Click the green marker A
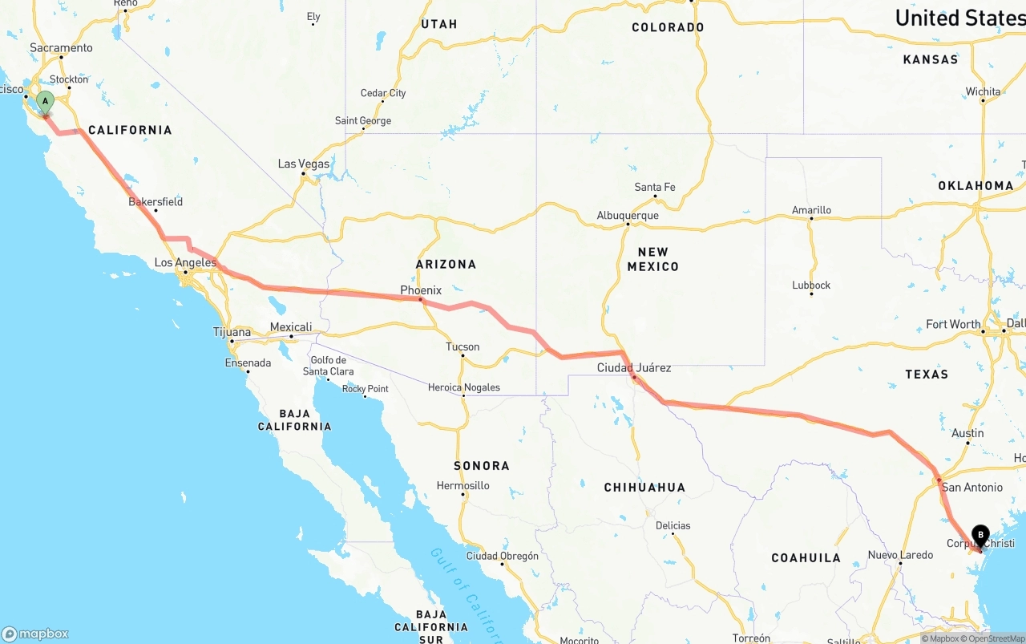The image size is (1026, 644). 46,102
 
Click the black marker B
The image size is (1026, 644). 980,535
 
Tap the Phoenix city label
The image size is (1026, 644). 421,290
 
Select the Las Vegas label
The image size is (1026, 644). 304,164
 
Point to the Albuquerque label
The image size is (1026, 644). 628,216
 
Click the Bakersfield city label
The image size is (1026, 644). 156,202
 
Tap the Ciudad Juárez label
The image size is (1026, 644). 634,368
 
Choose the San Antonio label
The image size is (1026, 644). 971,488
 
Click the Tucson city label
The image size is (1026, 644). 463,347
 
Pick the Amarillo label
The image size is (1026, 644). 811,210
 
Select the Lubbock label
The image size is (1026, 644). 811,286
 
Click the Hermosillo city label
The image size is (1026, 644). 463,486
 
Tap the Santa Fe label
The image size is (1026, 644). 655,188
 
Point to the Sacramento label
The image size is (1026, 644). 61,48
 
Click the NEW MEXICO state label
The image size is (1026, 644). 652,258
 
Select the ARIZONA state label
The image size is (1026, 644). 446,264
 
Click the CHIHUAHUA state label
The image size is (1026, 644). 644,488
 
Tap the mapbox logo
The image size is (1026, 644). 35,634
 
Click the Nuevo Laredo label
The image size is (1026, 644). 900,555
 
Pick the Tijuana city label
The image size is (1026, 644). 232,332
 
